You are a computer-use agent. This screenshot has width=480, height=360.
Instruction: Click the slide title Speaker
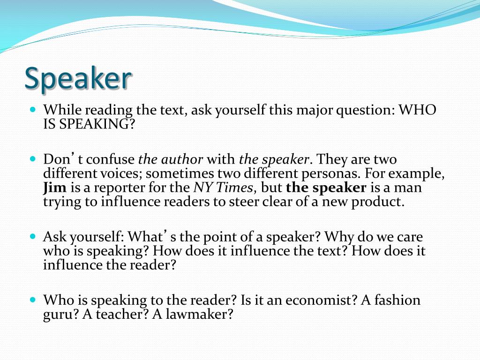click(x=78, y=78)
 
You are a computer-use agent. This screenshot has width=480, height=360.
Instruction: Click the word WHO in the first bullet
click(x=418, y=111)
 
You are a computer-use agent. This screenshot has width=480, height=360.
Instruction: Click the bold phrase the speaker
click(x=326, y=188)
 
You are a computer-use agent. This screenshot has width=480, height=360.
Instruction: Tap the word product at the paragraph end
click(x=378, y=202)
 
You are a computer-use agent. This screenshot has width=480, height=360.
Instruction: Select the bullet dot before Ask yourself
click(x=33, y=236)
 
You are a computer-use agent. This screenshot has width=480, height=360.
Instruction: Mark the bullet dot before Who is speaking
click(x=33, y=300)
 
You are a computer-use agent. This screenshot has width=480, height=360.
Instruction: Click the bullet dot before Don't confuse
click(x=33, y=159)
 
